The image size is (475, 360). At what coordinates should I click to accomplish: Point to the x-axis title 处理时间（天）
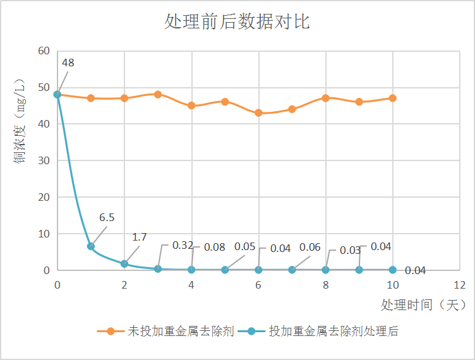(423, 305)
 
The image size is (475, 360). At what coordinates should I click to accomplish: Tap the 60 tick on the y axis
(44, 51)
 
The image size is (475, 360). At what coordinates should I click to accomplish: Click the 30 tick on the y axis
(44, 160)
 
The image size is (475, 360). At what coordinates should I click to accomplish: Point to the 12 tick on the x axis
(459, 285)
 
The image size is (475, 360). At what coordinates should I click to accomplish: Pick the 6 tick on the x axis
(258, 285)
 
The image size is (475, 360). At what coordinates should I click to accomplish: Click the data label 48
(68, 63)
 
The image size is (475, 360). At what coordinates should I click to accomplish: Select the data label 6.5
(107, 218)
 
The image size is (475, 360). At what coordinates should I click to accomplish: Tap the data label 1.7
(140, 237)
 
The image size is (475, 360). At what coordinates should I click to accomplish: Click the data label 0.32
(183, 246)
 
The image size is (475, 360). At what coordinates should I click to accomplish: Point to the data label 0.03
(350, 251)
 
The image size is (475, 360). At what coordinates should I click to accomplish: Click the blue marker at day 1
(91, 246)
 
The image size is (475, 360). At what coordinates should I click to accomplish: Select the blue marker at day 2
(124, 264)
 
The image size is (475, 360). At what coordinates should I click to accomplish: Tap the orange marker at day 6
(258, 113)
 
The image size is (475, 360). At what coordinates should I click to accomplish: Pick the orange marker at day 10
(393, 98)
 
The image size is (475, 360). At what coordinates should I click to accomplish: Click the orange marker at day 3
(158, 95)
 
